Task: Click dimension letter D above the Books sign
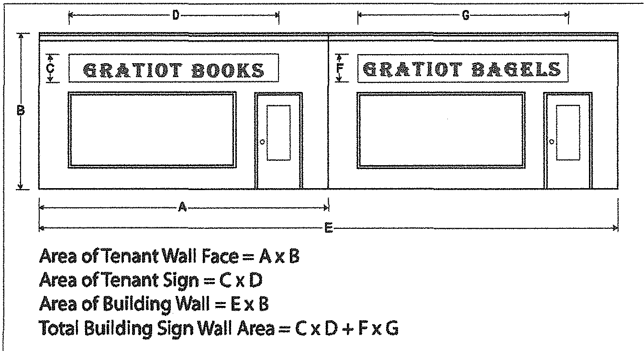click(176, 15)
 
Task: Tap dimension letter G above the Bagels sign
click(466, 15)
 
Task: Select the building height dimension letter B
click(21, 111)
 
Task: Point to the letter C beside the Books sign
click(50, 68)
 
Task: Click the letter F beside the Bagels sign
click(340, 68)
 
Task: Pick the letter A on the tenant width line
click(182, 207)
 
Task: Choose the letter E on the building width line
click(328, 228)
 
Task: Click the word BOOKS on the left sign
click(228, 70)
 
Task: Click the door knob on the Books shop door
click(262, 142)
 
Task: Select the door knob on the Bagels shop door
click(552, 142)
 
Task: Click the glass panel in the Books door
click(278, 133)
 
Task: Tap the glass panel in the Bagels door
click(568, 133)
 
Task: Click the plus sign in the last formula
click(347, 329)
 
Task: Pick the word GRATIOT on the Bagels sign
click(412, 69)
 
